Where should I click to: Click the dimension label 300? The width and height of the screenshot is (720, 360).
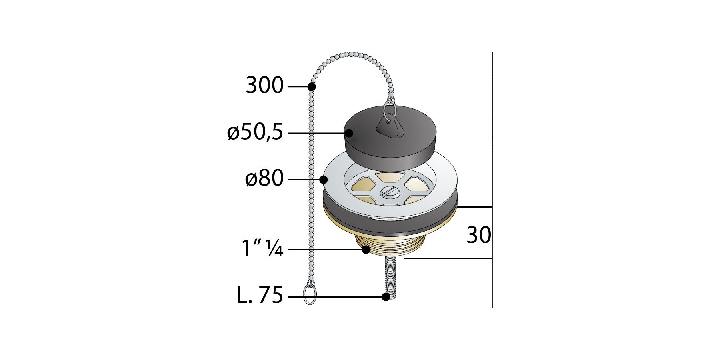coord(264,86)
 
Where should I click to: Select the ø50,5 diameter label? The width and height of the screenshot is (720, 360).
coord(255,132)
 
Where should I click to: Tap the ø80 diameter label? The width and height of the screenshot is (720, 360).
coord(264,178)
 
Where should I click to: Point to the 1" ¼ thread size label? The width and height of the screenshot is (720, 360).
coord(262,248)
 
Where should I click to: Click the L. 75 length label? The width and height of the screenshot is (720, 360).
coord(260,296)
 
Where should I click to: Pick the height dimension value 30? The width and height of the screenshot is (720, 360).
coord(479,236)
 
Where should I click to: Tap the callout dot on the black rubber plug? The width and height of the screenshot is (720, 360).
coord(348,133)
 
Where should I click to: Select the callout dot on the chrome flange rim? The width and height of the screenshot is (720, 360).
coord(324,180)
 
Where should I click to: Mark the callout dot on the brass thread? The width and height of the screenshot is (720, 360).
coord(366,250)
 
